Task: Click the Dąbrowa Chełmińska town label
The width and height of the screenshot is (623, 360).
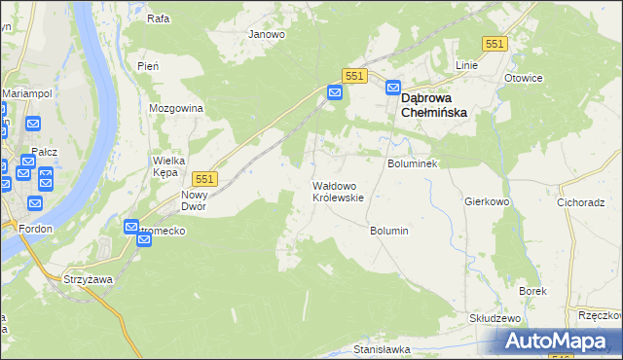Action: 434,105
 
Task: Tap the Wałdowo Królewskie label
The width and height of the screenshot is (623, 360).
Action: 338,191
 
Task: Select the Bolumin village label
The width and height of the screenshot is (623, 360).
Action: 388,231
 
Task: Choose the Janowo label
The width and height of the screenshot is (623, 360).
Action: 267,34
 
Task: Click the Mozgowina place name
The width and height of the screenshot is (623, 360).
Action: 176,108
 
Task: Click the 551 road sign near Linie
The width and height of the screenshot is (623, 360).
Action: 495,44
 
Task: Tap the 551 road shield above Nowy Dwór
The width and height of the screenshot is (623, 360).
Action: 204,178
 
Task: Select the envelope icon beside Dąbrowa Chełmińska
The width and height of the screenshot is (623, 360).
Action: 393,87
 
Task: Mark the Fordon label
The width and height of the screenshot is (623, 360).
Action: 34,229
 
